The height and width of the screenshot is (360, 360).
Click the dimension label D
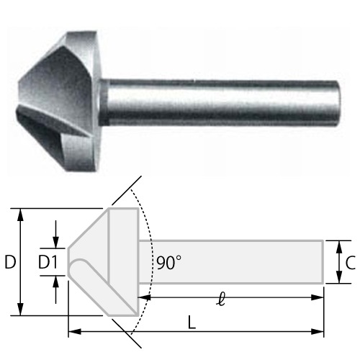click(x=10, y=262)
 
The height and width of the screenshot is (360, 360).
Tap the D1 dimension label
click(x=48, y=262)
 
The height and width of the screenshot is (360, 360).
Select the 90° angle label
click(x=168, y=263)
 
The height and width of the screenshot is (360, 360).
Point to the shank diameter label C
click(x=350, y=263)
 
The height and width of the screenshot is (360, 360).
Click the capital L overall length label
click(x=192, y=323)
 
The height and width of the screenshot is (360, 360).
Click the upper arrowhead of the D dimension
click(x=21, y=215)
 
